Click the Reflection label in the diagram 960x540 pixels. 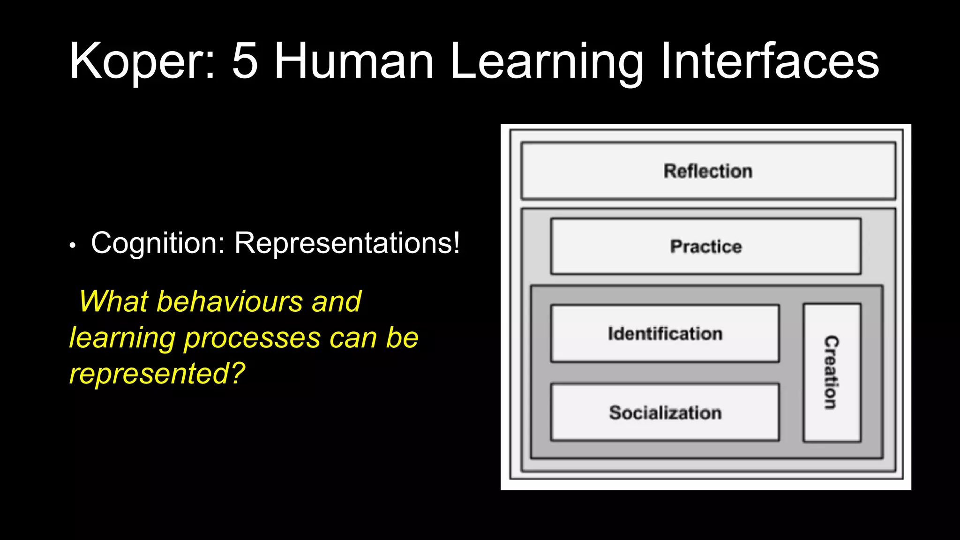708,171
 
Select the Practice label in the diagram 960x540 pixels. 706,247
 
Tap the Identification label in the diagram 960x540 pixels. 665,334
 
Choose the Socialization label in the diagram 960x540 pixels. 665,412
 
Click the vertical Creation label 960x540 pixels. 831,372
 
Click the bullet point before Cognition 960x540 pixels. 72,245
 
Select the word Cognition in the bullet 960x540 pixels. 158,244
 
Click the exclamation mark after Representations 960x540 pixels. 455,243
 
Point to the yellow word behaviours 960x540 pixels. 230,301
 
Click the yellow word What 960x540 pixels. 114,301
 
